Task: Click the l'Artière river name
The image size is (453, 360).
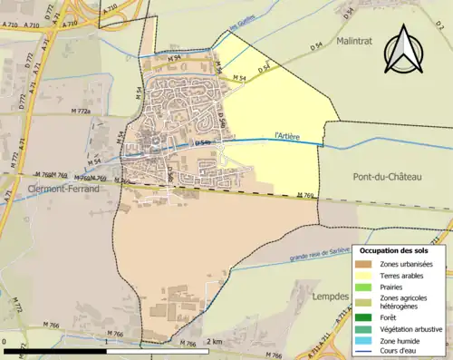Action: tap(286, 137)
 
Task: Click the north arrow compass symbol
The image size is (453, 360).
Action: tap(401, 50)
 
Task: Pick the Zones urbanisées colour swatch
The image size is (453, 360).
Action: tap(362, 264)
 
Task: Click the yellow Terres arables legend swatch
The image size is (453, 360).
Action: tap(362, 275)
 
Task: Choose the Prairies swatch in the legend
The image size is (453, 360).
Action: tap(362, 287)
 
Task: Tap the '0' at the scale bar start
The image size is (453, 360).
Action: tap(5, 341)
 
